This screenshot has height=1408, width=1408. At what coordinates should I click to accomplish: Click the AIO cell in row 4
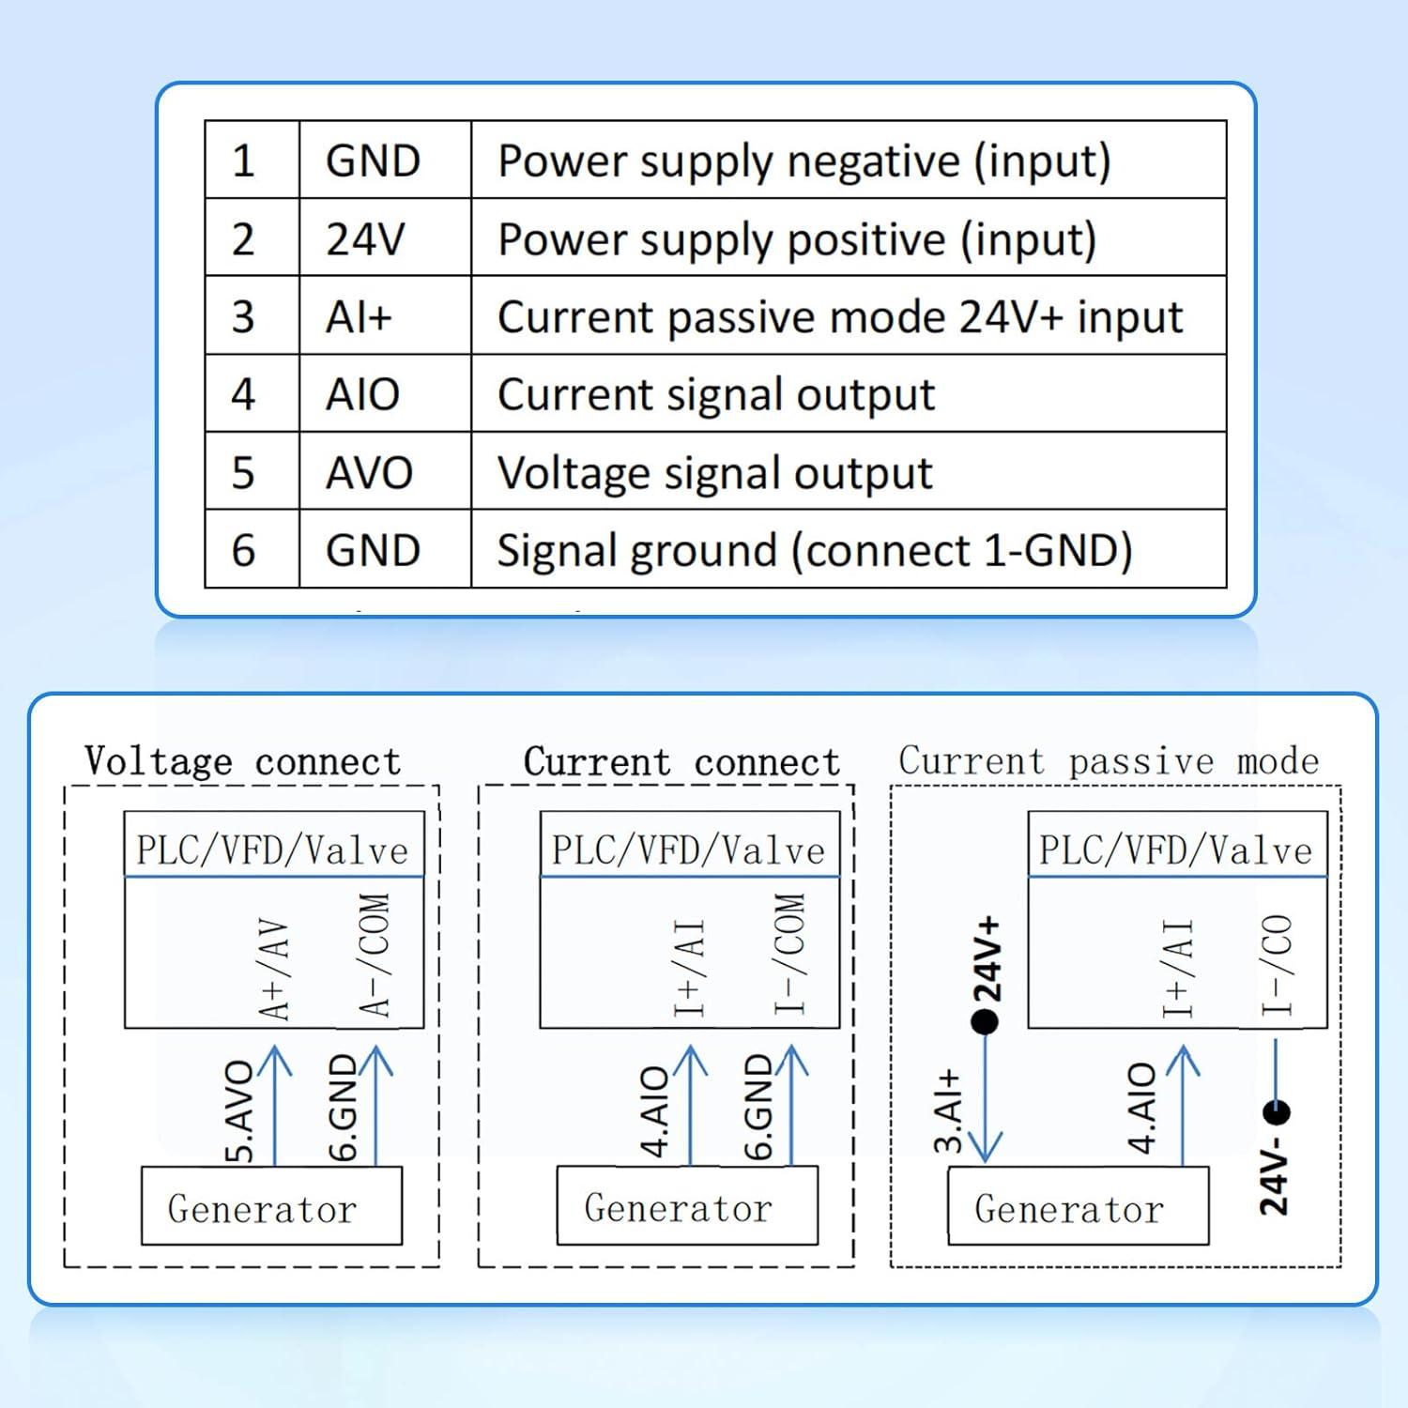point(363,394)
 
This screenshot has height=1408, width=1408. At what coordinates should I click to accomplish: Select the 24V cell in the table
point(365,239)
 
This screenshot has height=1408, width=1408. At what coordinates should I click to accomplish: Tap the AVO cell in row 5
point(369,472)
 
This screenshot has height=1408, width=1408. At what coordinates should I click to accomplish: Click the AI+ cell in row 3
point(359,317)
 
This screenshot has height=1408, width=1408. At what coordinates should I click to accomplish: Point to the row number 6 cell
point(243,550)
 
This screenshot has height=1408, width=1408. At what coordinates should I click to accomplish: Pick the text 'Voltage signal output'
point(714,472)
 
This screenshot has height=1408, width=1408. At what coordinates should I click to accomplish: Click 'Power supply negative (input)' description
point(803,161)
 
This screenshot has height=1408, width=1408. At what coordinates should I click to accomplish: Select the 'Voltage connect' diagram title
point(243,761)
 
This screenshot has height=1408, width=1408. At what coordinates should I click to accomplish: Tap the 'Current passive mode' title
point(1109,760)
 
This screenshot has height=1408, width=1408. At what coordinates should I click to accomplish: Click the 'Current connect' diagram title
point(681,761)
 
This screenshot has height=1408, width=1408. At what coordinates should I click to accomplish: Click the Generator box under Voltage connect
point(271,1207)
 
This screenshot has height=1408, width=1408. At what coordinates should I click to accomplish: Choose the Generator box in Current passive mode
point(1078,1207)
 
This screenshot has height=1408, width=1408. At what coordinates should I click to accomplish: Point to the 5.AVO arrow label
point(241,1111)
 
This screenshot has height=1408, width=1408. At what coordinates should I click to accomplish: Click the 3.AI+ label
point(949,1110)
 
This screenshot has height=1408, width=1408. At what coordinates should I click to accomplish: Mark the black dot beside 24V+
point(985,1022)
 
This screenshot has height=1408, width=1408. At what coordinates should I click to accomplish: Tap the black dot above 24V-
point(1276,1113)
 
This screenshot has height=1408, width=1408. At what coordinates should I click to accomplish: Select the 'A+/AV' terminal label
point(274,970)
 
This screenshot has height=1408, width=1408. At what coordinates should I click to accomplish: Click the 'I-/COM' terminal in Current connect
point(790,954)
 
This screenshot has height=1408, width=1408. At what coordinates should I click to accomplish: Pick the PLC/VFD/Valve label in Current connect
point(688,849)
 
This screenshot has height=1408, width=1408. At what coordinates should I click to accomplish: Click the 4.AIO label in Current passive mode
point(1141,1108)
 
